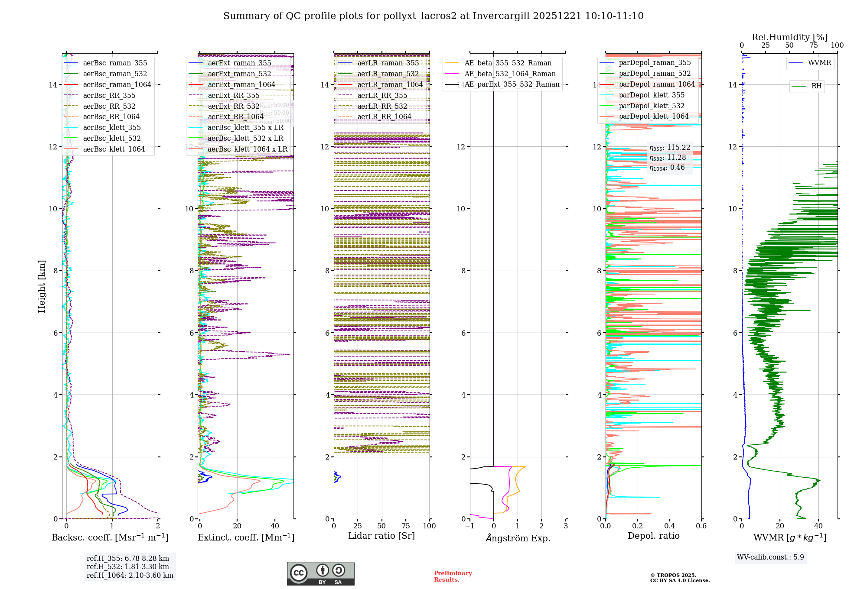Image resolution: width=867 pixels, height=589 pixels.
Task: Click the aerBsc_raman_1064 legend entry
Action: [x=117, y=85]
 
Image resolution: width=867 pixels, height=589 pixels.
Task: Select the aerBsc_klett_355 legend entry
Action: [x=112, y=128]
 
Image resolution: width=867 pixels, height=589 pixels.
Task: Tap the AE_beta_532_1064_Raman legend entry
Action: [x=510, y=74]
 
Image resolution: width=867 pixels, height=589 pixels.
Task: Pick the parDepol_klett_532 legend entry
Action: [x=652, y=106]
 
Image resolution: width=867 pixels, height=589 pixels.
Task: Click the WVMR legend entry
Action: [x=819, y=63]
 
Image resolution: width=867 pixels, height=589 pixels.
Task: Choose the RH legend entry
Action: [x=816, y=86]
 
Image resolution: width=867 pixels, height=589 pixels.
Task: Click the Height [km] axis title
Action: [x=42, y=286]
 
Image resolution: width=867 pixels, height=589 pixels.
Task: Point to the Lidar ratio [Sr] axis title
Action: [x=381, y=536]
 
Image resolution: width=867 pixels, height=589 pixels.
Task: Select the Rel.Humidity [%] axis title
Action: [x=789, y=37]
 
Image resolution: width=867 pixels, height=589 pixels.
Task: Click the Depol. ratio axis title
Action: [x=653, y=536]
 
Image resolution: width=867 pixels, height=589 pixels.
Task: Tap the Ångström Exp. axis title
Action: [x=518, y=538]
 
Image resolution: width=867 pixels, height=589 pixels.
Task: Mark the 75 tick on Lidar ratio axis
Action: [x=406, y=526]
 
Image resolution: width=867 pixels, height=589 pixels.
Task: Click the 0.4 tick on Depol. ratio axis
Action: [x=669, y=526]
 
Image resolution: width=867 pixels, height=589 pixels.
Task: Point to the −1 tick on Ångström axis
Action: [x=469, y=526]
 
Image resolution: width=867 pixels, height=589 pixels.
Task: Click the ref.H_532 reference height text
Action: [x=127, y=567]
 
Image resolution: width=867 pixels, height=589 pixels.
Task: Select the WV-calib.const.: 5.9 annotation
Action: [x=770, y=557]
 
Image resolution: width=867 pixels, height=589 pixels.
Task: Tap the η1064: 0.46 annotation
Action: [x=667, y=168]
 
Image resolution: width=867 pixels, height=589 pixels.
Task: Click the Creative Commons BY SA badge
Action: [x=320, y=574]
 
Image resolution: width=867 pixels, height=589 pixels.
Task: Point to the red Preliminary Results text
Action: [x=453, y=576]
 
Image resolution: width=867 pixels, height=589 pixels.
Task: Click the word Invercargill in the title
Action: [x=501, y=16]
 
